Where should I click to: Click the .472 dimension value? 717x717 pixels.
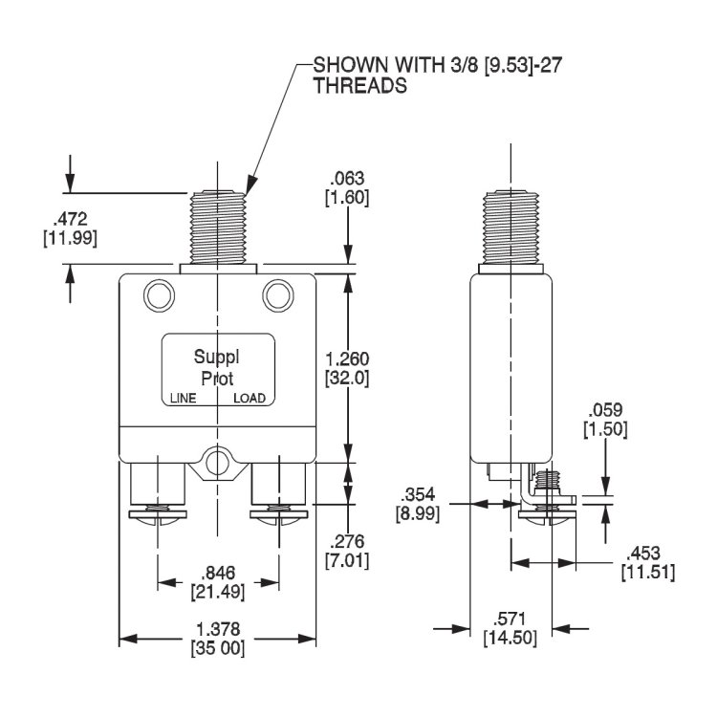pyautogui.click(x=70, y=219)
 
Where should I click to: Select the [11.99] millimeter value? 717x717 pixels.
pyautogui.click(x=70, y=237)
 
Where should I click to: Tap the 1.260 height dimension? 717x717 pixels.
pyautogui.click(x=347, y=358)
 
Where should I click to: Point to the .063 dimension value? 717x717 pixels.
pyautogui.click(x=348, y=179)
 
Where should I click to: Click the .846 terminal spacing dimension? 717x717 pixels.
pyautogui.click(x=219, y=574)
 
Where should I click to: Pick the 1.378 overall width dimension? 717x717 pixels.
pyautogui.click(x=218, y=629)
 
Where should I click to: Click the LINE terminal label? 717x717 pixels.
pyautogui.click(x=182, y=399)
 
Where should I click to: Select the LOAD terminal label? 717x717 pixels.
pyautogui.click(x=250, y=399)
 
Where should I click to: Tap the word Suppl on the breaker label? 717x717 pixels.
pyautogui.click(x=217, y=358)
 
